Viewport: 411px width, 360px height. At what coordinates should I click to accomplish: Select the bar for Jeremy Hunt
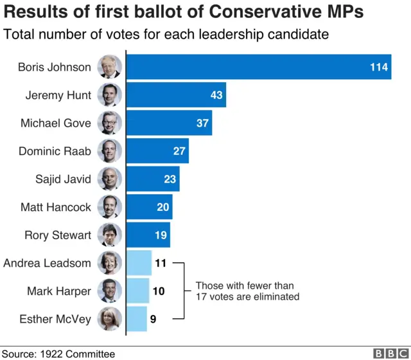[176, 95]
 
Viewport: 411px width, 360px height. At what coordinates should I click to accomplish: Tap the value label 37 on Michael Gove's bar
[202, 123]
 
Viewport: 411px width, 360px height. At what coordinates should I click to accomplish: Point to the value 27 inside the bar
[179, 151]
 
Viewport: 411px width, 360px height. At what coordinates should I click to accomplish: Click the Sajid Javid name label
[63, 179]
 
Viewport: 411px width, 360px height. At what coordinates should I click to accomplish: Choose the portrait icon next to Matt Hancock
[109, 207]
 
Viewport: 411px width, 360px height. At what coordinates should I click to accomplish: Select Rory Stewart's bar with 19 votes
[148, 235]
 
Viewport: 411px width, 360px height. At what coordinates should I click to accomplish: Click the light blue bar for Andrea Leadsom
[139, 263]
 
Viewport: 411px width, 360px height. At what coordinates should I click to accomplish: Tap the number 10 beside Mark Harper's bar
[159, 291]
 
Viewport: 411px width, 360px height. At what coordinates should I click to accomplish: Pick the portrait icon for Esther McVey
[109, 319]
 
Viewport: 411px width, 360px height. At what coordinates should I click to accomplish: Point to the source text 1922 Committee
[75, 354]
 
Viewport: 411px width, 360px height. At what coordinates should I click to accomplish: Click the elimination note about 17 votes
[247, 291]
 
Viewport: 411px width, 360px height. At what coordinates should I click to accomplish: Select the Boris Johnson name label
[54, 67]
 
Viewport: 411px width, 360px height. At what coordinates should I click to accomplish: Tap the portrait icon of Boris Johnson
[109, 67]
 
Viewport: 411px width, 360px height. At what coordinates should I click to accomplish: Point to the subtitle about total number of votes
[166, 35]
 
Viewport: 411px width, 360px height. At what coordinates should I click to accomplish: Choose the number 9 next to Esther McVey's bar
[153, 319]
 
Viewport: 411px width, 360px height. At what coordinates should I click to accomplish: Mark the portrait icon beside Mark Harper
[109, 291]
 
